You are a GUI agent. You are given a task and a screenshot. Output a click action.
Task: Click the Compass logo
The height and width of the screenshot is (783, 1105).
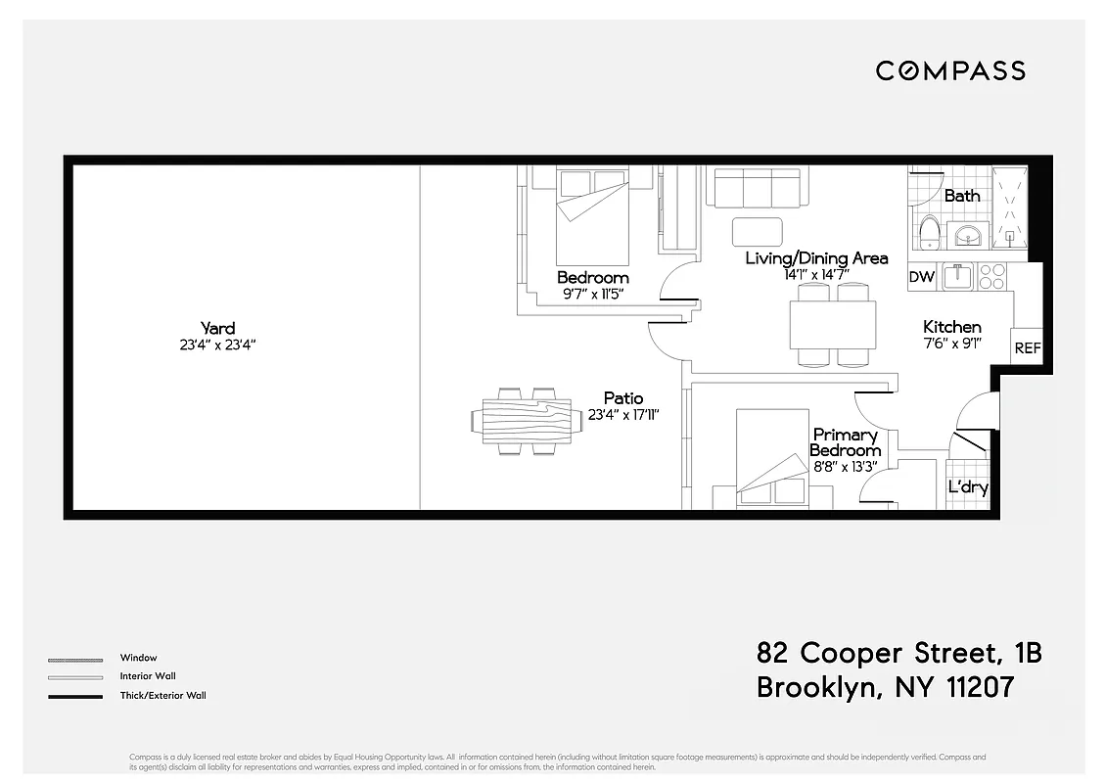pyautogui.click(x=949, y=70)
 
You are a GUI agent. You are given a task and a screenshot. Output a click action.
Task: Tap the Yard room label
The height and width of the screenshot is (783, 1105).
pyautogui.click(x=217, y=329)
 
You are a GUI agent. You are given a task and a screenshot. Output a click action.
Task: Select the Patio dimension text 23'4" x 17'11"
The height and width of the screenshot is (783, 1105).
pyautogui.click(x=623, y=415)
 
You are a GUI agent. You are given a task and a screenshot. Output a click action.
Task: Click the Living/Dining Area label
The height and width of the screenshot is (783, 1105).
pyautogui.click(x=816, y=258)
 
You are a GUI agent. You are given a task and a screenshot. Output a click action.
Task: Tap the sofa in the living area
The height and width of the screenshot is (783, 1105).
pyautogui.click(x=757, y=187)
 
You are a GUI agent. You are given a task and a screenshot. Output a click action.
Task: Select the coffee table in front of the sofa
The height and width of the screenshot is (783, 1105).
pyautogui.click(x=758, y=231)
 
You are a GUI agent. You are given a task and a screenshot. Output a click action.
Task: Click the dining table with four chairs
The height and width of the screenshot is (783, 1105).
pyautogui.click(x=833, y=324)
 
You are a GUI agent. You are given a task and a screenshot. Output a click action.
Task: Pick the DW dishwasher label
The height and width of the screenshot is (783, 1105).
pyautogui.click(x=922, y=277)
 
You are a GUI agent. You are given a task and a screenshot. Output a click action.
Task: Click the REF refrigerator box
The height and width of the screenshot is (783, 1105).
pyautogui.click(x=1028, y=347)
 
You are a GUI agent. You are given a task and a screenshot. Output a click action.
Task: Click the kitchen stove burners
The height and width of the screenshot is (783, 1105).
pyautogui.click(x=992, y=276)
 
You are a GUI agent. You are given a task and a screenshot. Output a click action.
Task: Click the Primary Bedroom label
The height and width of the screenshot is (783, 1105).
pyautogui.click(x=845, y=442)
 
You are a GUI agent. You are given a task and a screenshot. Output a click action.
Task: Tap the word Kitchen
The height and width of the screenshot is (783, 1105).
pyautogui.click(x=951, y=327)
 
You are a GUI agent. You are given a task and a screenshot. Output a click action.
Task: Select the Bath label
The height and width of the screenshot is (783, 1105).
pyautogui.click(x=962, y=196)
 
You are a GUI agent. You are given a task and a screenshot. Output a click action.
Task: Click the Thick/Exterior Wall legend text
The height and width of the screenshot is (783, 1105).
pyautogui.click(x=162, y=696)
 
